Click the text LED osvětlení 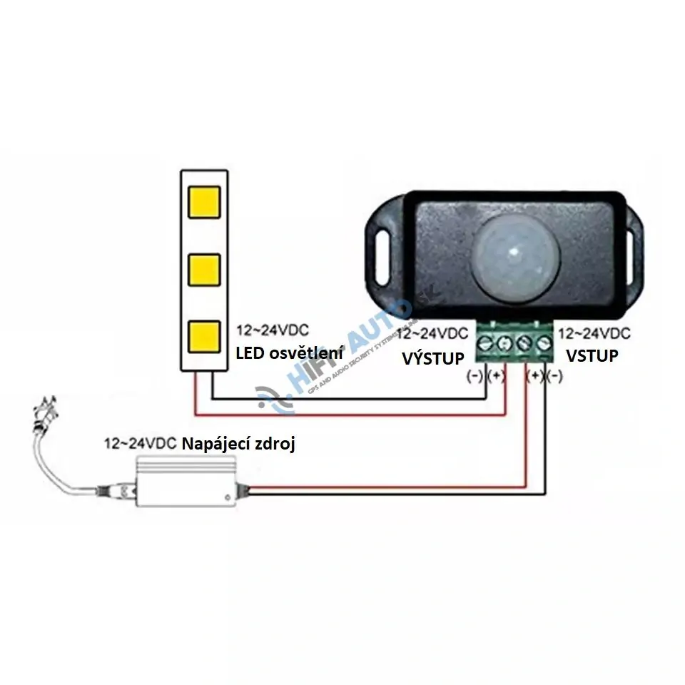290,352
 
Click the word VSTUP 592,355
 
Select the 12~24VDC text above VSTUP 594,333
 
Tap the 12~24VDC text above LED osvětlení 273,331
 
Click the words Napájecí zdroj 239,443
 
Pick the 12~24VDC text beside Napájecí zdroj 140,444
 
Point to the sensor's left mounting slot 381,250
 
